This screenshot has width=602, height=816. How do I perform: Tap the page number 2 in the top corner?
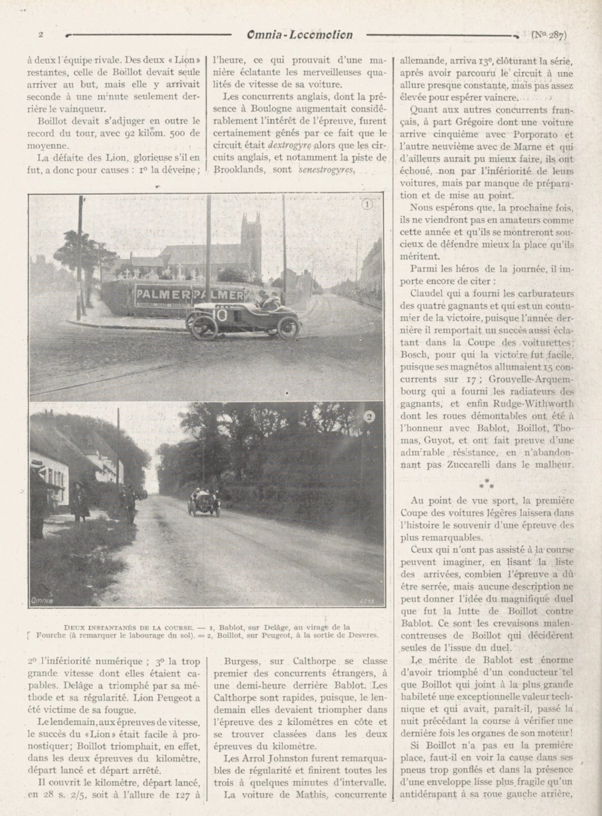pyautogui.click(x=41, y=35)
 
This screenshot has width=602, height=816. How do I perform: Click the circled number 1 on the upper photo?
pyautogui.click(x=367, y=205)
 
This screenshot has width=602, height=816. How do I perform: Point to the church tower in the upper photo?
pyautogui.click(x=250, y=245)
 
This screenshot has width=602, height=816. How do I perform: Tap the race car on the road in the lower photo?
pyautogui.click(x=204, y=503)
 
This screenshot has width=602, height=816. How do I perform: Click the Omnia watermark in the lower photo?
pyautogui.click(x=43, y=600)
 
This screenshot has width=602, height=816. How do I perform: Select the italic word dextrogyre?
pyautogui.click(x=289, y=146)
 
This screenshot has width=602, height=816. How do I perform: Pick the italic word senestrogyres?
pyautogui.click(x=327, y=171)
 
